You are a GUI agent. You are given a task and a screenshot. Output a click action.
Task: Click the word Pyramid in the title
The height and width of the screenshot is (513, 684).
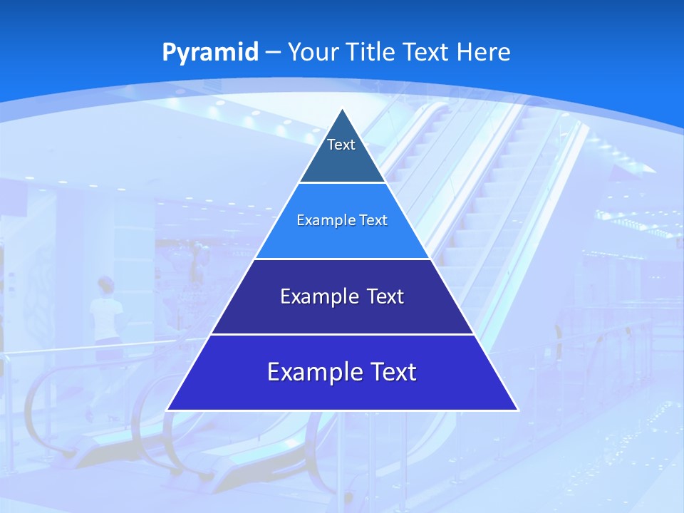point(210,53)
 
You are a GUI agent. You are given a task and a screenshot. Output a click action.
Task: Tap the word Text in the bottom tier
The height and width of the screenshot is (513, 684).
point(393,372)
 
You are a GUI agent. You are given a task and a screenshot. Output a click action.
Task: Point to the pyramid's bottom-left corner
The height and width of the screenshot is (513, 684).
point(167,410)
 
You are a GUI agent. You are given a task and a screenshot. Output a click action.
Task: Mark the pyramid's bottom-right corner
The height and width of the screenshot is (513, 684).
point(518,410)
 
